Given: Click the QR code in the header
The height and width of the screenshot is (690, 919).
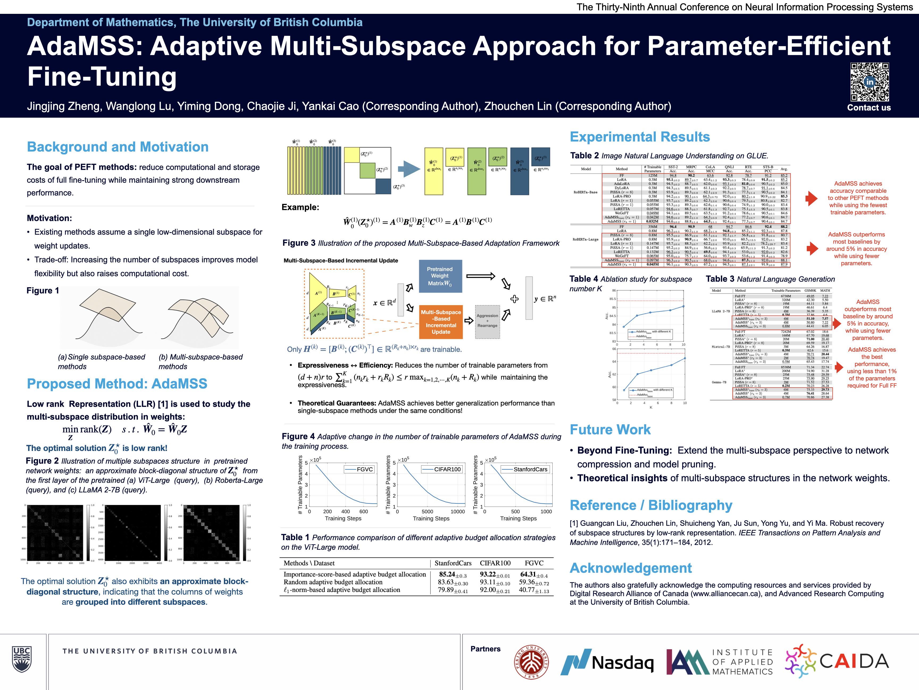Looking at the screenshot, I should (869, 82).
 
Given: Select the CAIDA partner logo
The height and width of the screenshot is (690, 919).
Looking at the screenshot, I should (837, 661).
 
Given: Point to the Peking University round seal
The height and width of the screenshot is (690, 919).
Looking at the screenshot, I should (531, 662).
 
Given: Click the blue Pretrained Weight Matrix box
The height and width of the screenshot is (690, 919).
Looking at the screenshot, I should (440, 276).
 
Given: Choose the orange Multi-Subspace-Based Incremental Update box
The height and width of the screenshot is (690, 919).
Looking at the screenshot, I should (441, 322).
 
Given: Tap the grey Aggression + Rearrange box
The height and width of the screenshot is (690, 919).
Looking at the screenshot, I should (487, 321).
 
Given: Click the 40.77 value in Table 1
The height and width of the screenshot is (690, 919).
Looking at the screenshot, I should (534, 590).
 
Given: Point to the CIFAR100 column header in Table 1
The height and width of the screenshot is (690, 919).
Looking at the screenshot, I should (495, 563).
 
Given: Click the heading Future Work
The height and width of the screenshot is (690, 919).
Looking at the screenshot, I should (610, 430).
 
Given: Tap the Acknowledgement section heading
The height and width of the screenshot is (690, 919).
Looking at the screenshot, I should (631, 568).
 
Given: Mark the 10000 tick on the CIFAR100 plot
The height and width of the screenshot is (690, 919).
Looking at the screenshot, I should (457, 512).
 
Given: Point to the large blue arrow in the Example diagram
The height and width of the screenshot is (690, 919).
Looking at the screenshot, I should (409, 169).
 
